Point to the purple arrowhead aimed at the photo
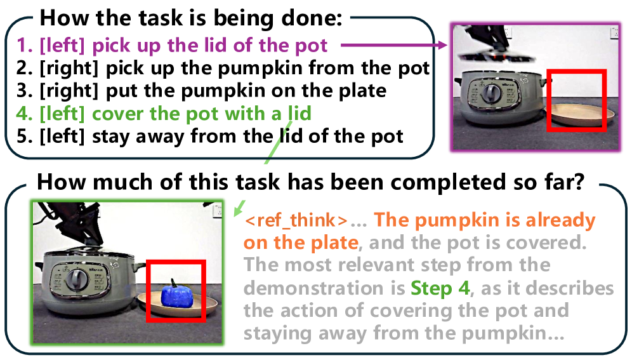[442, 44]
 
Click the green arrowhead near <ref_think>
[239, 208]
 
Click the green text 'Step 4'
[440, 288]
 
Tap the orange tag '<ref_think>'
[296, 220]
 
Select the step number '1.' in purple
[25, 45]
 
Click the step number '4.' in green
[25, 114]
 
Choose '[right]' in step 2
[69, 68]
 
